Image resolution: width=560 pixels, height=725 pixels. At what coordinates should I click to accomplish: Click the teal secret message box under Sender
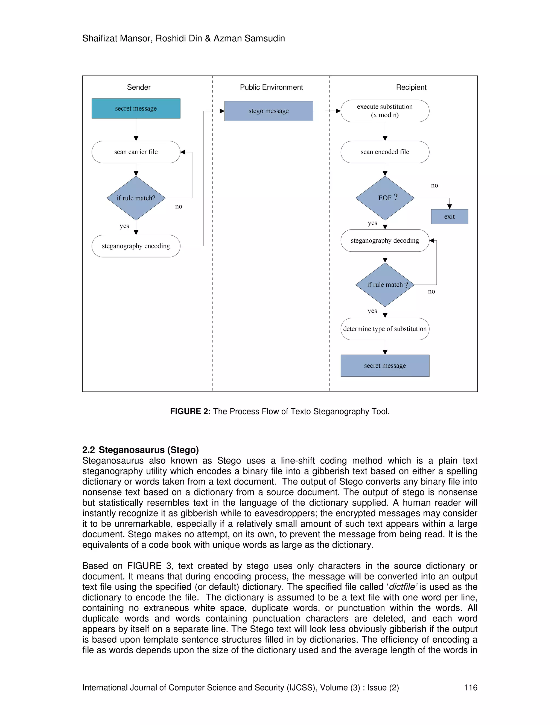click(136, 109)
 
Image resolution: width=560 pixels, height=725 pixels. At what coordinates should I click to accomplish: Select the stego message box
click(269, 111)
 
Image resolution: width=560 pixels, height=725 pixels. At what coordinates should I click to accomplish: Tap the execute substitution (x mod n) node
click(384, 111)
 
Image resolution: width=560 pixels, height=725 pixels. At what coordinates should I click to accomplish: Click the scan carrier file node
click(136, 152)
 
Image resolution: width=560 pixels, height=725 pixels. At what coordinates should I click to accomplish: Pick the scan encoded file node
click(384, 152)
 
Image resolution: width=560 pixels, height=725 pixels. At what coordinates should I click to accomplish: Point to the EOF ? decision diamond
click(384, 198)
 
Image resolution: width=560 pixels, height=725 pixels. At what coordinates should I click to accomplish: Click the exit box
click(449, 216)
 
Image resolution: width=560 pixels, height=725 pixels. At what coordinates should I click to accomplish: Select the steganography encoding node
click(136, 246)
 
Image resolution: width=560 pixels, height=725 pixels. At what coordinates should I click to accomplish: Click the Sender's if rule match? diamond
click(136, 198)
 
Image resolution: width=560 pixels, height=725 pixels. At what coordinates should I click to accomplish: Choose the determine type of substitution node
click(384, 329)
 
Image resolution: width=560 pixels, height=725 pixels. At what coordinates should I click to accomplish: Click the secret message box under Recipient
click(384, 366)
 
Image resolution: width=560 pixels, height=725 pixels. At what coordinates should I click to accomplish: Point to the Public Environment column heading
click(271, 87)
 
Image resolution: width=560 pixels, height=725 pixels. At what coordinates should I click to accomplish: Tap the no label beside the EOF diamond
click(434, 185)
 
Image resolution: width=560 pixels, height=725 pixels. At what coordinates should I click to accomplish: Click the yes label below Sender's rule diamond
click(124, 226)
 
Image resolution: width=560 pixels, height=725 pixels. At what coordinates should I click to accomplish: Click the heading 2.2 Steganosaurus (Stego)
click(140, 450)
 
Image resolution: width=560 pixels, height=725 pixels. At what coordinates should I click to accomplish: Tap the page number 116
click(470, 688)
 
